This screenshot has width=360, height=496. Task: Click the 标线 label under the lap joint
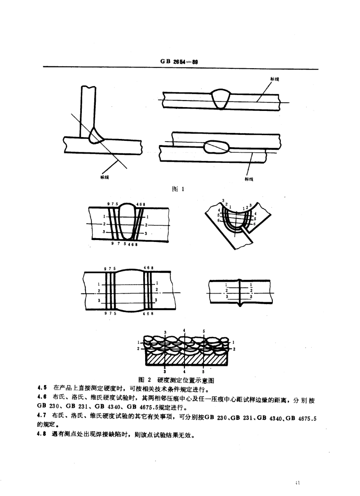pos(249,179)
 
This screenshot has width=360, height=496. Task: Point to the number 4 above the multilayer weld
pos(184,331)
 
